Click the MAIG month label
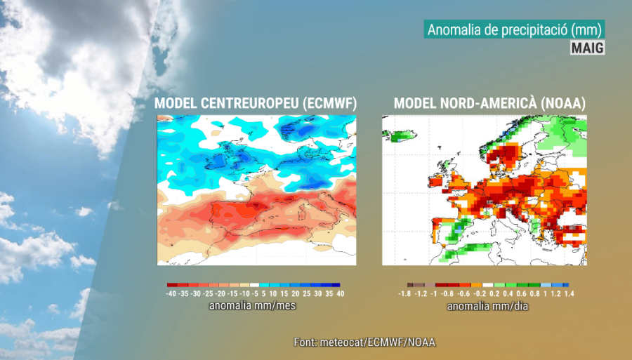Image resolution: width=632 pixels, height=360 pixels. click(587, 47)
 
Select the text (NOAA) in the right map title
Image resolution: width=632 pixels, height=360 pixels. click(565, 103)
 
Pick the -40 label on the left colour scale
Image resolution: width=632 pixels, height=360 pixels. click(171, 294)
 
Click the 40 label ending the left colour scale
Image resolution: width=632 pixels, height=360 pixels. click(341, 294)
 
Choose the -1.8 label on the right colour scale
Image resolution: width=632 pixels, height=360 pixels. click(404, 294)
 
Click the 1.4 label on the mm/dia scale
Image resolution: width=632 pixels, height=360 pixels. click(569, 294)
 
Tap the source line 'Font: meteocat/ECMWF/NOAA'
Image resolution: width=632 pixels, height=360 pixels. click(364, 342)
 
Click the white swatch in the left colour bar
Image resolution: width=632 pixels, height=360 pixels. click(255, 284)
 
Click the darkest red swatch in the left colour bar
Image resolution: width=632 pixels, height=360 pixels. click(171, 284)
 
